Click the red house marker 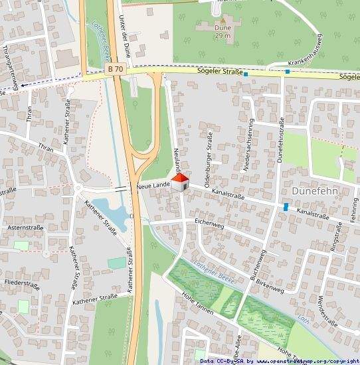179,182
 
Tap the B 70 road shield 116,68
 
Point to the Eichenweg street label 210,222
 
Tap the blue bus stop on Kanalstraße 286,208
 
